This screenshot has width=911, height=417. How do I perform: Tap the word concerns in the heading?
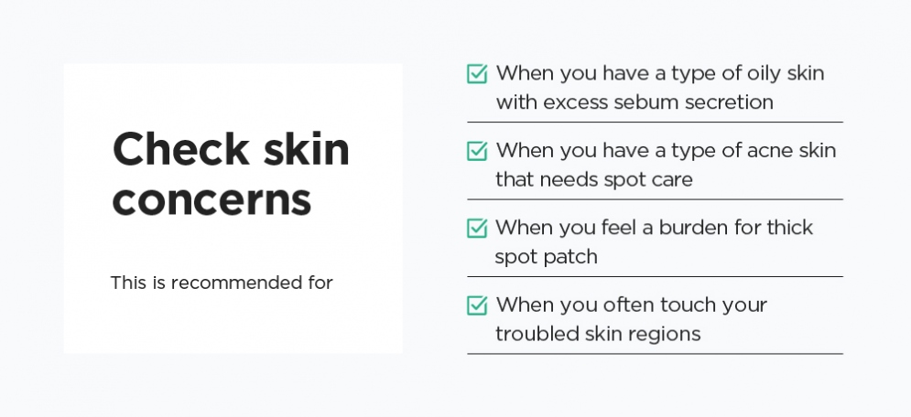(211, 199)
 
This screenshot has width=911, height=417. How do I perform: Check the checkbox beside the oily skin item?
(477, 74)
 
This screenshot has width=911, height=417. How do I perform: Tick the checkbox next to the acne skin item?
(477, 151)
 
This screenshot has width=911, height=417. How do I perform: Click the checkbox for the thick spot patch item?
(477, 228)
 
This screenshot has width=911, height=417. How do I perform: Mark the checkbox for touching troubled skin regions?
(477, 305)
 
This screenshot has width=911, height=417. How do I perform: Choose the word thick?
(790, 228)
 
